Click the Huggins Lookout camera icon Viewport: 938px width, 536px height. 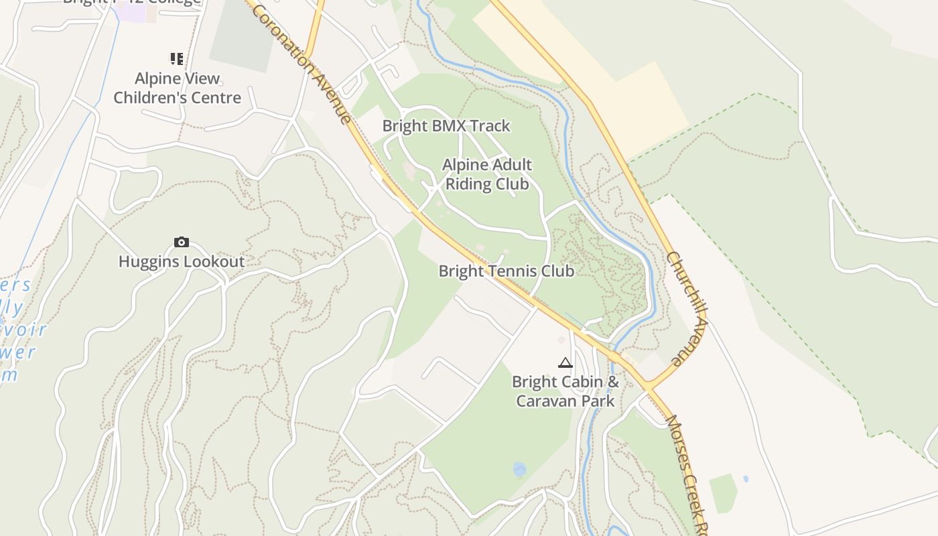point(181,242)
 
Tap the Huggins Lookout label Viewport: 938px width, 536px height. point(182,261)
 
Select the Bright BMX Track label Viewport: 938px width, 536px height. point(446,126)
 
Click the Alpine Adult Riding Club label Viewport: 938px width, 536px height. point(487,174)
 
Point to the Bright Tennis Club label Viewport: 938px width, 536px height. point(507,271)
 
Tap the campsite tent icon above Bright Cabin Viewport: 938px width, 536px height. point(565,363)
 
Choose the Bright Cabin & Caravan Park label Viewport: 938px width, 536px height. point(565,391)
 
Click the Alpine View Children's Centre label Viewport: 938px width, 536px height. point(177,88)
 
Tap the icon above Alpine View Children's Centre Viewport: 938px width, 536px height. point(177,59)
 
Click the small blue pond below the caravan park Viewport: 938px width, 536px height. point(519,469)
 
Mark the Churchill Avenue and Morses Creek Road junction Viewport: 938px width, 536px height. point(649,387)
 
